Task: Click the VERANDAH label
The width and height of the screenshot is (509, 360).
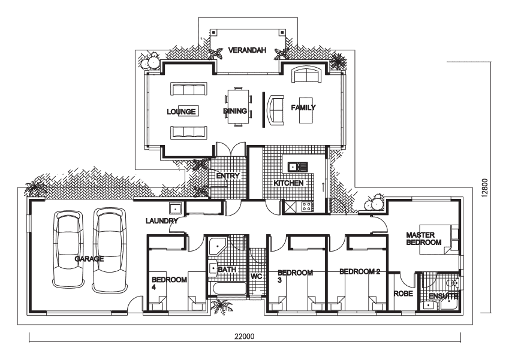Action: [247, 50]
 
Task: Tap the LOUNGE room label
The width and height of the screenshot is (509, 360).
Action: [181, 112]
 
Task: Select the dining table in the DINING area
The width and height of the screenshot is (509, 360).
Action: [238, 107]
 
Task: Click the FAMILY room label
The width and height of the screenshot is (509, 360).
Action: [303, 108]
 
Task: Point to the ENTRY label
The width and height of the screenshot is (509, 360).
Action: [228, 176]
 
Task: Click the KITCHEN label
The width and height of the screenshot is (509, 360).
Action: [288, 183]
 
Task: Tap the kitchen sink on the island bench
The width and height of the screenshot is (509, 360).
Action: [297, 167]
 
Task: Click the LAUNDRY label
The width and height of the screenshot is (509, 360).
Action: [162, 221]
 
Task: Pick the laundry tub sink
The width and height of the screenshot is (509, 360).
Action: [175, 208]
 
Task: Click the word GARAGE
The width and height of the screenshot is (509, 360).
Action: [89, 259]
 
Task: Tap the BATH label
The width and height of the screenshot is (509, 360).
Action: [227, 270]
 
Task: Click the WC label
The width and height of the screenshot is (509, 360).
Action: [257, 277]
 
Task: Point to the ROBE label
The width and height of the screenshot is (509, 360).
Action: [403, 294]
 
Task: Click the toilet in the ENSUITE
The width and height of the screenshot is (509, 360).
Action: [452, 283]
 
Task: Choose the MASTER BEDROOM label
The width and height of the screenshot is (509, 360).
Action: [424, 239]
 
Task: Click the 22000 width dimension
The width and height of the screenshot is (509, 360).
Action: [245, 336]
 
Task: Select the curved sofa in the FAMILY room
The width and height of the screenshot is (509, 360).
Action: [275, 110]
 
